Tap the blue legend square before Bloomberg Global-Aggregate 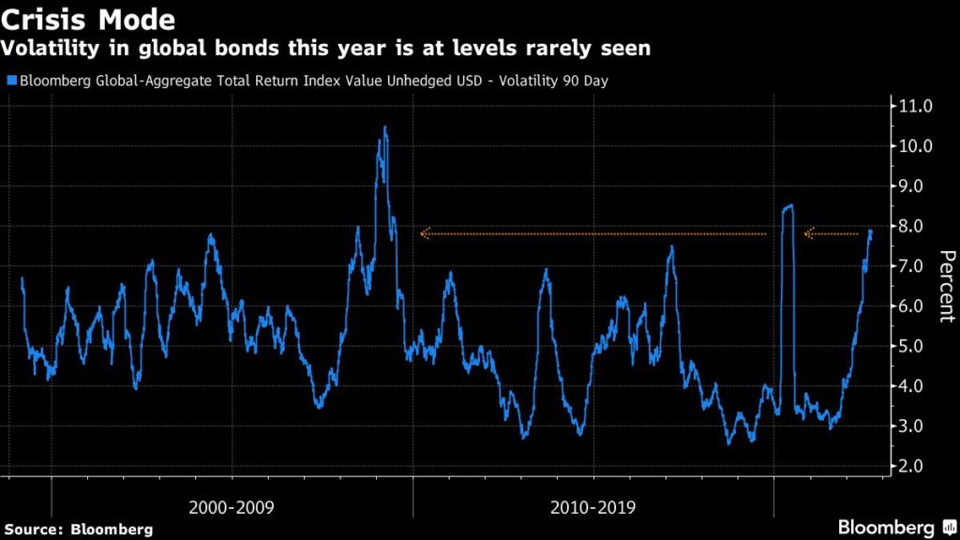tap(9, 81)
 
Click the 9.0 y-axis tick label tap(916, 187)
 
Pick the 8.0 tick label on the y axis tap(916, 226)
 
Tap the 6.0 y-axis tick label tap(916, 307)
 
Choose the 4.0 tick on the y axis tap(916, 386)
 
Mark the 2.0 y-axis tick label tap(916, 466)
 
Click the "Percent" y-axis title tap(946, 286)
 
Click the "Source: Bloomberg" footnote tap(78, 529)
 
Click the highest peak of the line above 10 tap(384, 127)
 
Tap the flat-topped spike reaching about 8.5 tap(787, 206)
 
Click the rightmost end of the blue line tap(871, 231)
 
